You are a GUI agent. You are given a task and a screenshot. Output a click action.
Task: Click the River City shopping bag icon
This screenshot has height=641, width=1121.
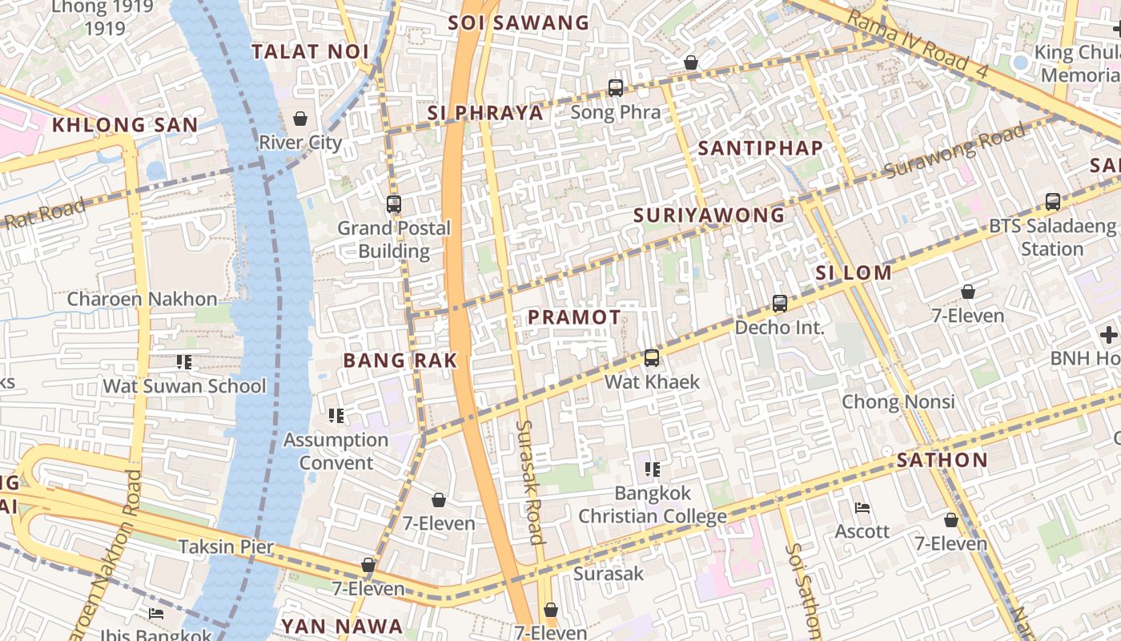pos(300,119)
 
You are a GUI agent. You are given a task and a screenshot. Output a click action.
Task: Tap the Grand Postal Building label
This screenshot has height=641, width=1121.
pos(393,240)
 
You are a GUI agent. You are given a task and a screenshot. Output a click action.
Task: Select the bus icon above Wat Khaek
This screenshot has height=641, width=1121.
pos(652,358)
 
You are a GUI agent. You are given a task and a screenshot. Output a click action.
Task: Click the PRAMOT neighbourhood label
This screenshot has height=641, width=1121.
pos(574,317)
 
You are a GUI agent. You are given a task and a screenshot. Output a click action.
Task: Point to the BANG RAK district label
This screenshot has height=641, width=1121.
pos(400,361)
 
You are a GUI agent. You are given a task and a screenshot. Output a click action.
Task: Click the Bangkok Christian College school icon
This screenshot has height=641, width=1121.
pos(652,469)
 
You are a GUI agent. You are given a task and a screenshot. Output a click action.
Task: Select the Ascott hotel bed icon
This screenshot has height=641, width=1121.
pos(862,508)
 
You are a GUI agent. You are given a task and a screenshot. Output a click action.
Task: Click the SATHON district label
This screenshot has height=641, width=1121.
pos(942,460)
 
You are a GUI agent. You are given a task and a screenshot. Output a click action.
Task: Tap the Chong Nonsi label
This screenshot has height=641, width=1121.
pos(898,401)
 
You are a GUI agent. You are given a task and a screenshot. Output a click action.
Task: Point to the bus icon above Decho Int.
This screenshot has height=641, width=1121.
pos(780,304)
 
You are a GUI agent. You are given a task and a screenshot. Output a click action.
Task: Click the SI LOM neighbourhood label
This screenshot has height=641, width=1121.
pos(853,272)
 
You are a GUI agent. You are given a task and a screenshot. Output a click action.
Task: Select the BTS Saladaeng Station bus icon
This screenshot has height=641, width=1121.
pos(1052,202)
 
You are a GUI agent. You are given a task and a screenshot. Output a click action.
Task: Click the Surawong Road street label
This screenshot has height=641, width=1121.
pos(954,151)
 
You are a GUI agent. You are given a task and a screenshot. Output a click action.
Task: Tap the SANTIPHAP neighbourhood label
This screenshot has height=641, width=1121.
pos(760,148)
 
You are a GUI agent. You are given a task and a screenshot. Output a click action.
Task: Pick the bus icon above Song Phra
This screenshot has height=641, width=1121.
pos(615,88)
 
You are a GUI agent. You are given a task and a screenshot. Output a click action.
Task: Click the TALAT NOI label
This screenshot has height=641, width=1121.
pos(310,52)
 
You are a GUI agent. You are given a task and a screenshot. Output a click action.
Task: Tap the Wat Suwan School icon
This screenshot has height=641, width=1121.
pos(184,362)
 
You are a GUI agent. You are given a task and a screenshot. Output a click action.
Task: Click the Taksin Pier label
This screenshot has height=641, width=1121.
pos(226,547)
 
